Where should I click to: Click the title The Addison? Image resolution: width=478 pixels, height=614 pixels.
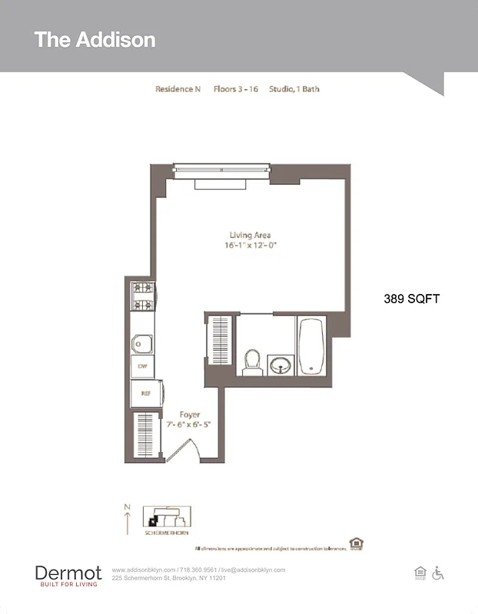pos(95,40)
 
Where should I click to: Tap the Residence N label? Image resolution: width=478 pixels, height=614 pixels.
pos(178,89)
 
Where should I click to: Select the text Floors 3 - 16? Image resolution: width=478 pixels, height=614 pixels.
pos(235,89)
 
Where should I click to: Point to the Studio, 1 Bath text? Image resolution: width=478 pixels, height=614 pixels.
pos(294,89)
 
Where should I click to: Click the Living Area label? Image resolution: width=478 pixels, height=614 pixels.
pos(250,235)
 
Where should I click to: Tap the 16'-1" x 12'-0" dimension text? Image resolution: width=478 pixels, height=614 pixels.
pos(250,246)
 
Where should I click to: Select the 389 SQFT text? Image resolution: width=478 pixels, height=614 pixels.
pos(411,299)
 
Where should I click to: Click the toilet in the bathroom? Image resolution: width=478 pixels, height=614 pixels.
pos(252,361)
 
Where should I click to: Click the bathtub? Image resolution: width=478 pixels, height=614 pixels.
pos(311,346)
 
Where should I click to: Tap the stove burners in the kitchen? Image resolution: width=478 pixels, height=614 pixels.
pos(142,297)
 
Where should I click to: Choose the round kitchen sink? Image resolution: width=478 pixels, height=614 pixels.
pos(142,343)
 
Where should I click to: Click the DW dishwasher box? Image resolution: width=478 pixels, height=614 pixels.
pos(142,367)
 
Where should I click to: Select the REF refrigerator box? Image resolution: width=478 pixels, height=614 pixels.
pos(143,394)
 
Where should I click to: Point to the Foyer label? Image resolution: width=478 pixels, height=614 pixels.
pos(189,414)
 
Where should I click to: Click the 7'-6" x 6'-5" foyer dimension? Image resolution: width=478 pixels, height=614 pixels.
pos(189,424)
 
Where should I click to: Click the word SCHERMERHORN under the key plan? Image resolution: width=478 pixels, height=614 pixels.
pos(167,533)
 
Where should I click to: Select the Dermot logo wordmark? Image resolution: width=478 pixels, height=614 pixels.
pos(68,573)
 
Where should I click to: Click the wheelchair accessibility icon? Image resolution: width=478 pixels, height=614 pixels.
pos(439,573)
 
